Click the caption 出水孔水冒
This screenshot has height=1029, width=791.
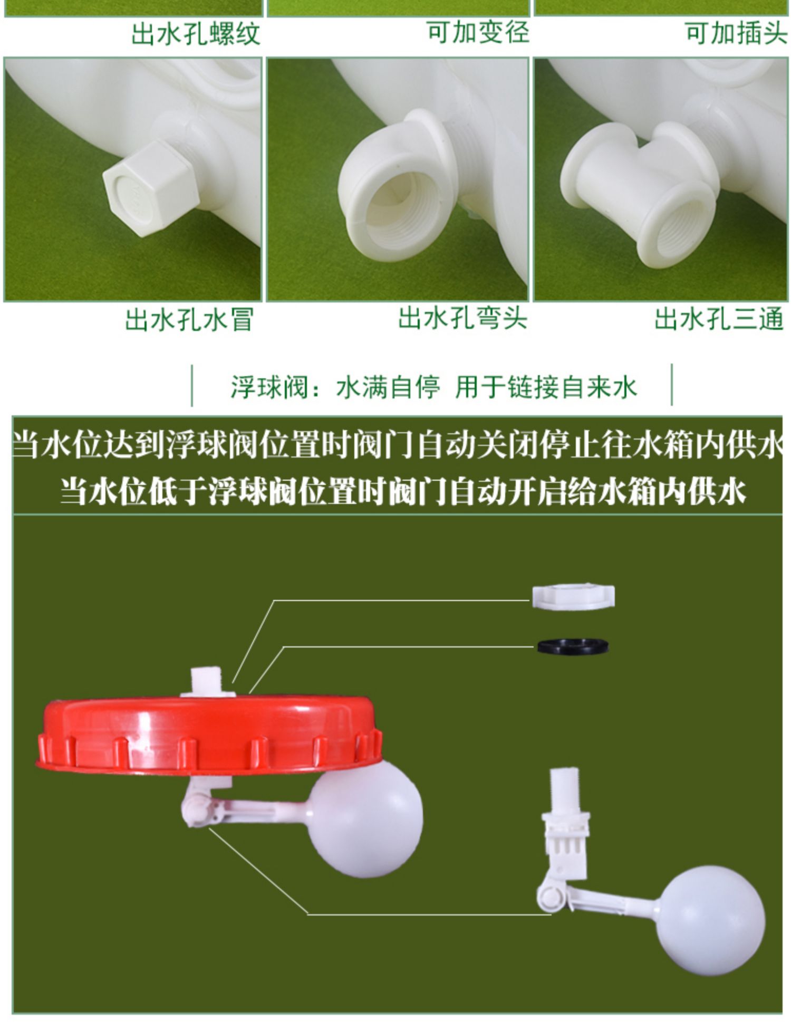190,320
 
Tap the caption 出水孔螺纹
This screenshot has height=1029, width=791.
196,34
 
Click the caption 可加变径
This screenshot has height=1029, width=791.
478,32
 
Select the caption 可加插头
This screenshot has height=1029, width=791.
736,33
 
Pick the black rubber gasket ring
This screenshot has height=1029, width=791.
573,646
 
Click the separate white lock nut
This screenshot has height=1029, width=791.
573,597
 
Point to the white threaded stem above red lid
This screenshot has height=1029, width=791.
207,682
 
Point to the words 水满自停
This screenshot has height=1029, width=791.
388,387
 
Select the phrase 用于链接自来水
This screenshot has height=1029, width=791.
546,387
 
